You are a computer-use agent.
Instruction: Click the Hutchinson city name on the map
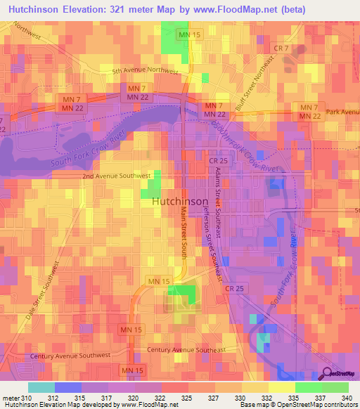point(180,201)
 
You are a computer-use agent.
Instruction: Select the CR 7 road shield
point(281,47)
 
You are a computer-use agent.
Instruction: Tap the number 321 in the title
point(120,8)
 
